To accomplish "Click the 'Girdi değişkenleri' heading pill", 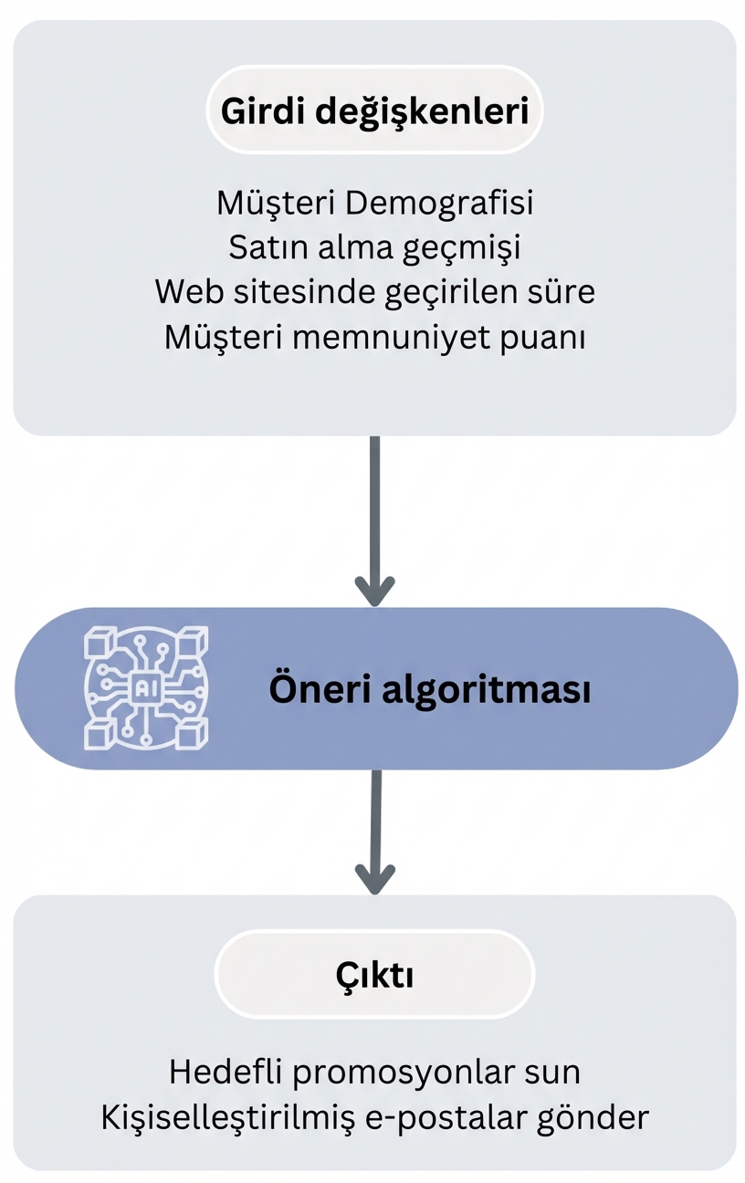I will pyautogui.click(x=374, y=110).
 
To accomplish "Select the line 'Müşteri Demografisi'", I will pyautogui.click(x=374, y=203).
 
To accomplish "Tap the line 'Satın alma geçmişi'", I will pyautogui.click(x=374, y=247).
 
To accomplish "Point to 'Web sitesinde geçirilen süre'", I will pyautogui.click(x=374, y=292).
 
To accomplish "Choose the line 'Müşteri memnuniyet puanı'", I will pyautogui.click(x=374, y=337).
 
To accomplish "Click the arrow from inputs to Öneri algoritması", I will pyautogui.click(x=374, y=520).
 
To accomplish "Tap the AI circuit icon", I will pyautogui.click(x=146, y=688).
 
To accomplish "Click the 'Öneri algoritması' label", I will pyautogui.click(x=429, y=690).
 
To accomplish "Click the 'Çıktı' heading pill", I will pyautogui.click(x=374, y=975).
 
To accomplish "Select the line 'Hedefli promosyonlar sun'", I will pyautogui.click(x=374, y=1072).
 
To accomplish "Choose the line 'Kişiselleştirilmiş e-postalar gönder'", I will pyautogui.click(x=374, y=1117).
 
